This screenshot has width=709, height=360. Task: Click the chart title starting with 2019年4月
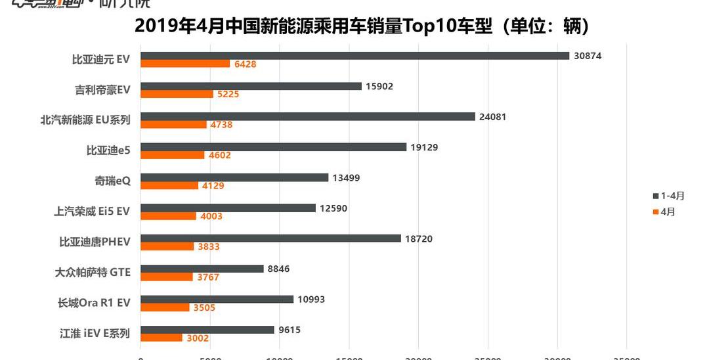click(x=362, y=26)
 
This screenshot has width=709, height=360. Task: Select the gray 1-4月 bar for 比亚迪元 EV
click(x=354, y=56)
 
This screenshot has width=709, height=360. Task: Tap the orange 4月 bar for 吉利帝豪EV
click(x=177, y=94)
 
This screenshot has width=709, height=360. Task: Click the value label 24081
click(x=493, y=117)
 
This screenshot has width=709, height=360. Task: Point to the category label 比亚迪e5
click(x=108, y=150)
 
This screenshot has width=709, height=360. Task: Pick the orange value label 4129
click(x=213, y=186)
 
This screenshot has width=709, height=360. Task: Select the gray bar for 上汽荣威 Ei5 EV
click(x=228, y=208)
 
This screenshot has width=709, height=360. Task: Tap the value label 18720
click(x=419, y=238)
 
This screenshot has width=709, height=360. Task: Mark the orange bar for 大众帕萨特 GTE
click(x=167, y=277)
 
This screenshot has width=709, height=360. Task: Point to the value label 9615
click(x=290, y=330)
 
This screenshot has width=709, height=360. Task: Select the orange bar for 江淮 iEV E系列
click(x=161, y=338)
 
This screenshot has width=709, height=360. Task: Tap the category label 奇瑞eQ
click(x=112, y=181)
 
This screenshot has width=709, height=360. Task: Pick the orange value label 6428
click(x=245, y=64)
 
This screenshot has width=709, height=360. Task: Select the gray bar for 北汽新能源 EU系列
click(x=308, y=117)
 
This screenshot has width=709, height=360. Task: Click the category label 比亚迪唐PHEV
click(x=95, y=242)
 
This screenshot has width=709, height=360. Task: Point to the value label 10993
click(x=311, y=300)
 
